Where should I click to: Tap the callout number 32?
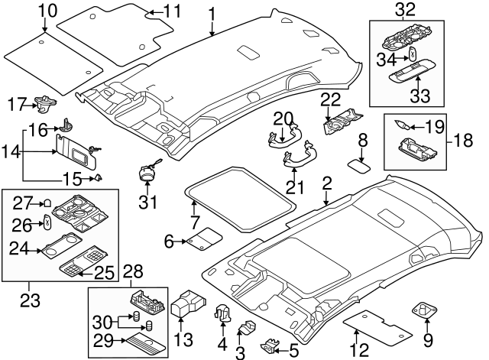point(405,9)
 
